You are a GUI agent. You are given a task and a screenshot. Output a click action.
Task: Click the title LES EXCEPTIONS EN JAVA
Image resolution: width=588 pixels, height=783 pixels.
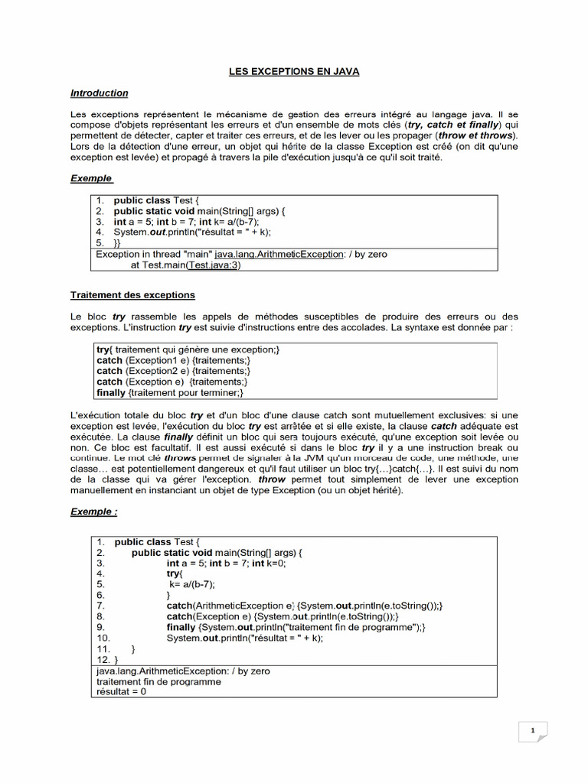point(295,71)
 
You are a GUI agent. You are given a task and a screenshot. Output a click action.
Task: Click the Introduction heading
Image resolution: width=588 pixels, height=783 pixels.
point(100,93)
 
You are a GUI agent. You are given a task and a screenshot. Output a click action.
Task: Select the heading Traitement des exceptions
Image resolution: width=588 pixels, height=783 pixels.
point(132,294)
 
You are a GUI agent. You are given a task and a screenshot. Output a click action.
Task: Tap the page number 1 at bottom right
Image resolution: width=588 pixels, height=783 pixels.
point(532,732)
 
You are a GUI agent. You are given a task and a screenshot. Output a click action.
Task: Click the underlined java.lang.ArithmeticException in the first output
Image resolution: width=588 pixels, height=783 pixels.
point(279,254)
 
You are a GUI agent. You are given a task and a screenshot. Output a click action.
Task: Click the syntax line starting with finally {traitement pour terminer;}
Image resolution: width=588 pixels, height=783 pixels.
point(170,392)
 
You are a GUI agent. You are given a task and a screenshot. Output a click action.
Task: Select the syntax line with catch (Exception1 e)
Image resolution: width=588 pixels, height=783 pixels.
point(174,360)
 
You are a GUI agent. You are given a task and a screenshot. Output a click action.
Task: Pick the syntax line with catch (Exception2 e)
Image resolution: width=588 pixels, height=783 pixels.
point(174,371)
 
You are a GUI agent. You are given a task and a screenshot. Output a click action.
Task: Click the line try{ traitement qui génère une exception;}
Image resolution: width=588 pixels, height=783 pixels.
point(188,349)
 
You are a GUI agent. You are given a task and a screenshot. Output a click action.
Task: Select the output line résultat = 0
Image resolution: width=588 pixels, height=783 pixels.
point(121,691)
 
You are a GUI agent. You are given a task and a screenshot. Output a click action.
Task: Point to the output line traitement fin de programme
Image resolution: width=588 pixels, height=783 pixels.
point(158,681)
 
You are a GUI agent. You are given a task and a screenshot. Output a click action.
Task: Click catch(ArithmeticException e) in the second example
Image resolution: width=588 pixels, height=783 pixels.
point(230,606)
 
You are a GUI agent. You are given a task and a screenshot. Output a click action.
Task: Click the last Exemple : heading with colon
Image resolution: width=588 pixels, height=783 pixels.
point(94,511)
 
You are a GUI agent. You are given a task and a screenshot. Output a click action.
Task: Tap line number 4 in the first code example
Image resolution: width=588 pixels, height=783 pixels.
point(100,232)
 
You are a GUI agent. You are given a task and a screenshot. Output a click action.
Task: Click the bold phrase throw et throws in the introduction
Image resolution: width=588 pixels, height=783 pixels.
point(475,135)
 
